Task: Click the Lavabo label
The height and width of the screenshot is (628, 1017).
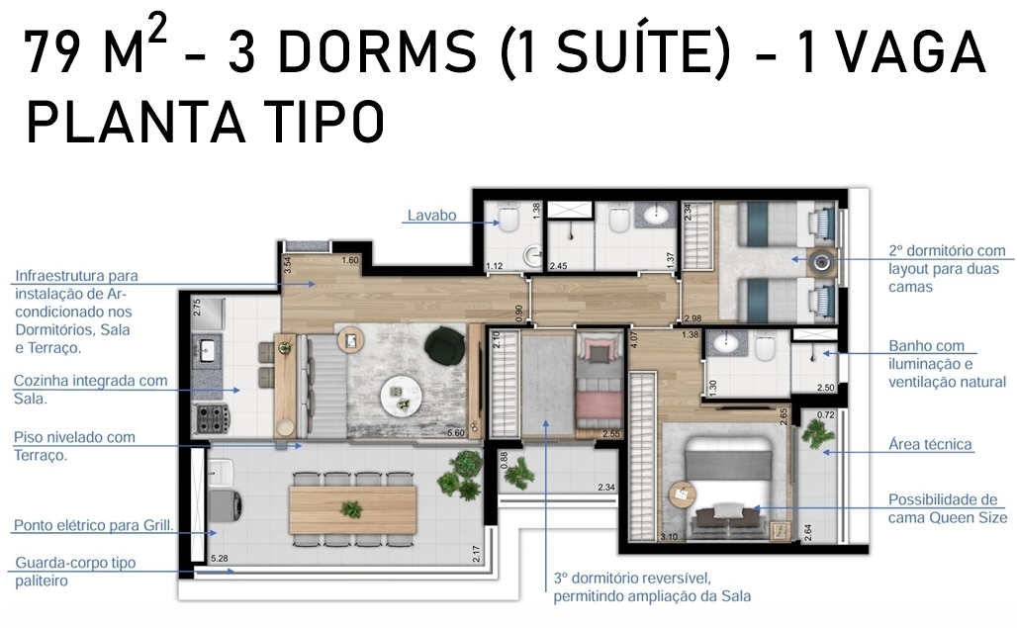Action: click(431, 216)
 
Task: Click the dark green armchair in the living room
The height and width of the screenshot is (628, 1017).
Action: click(445, 344)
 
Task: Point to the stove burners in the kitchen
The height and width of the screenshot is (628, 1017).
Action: click(212, 418)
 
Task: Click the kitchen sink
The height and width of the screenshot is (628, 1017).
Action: click(208, 351)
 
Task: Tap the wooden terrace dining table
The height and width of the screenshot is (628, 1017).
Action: click(352, 509)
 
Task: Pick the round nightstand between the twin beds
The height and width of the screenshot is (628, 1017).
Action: click(822, 262)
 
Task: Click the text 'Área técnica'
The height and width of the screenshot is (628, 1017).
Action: click(930, 445)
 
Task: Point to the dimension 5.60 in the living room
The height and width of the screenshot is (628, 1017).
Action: click(456, 433)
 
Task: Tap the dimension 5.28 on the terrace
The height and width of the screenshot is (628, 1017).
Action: click(220, 558)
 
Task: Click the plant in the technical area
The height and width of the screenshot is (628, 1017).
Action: click(817, 429)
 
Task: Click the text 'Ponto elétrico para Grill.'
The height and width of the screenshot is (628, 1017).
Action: click(94, 525)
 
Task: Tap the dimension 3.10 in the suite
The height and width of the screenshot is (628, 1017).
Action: click(669, 537)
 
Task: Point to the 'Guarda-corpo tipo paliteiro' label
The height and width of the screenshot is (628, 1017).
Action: click(75, 572)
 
